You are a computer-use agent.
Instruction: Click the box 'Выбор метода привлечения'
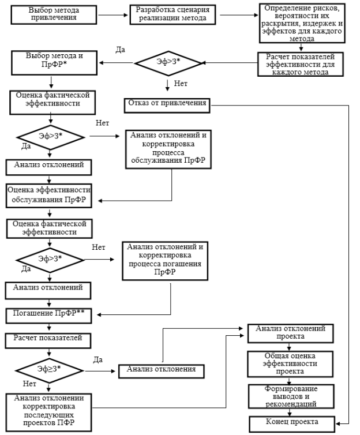[x=54, y=14]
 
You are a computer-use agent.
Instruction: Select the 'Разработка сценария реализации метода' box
[x=172, y=14]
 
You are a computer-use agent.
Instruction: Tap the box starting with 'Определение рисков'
[x=302, y=23]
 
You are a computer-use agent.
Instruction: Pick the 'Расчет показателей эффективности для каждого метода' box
[x=301, y=65]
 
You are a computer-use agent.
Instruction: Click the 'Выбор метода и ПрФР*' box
[x=54, y=63]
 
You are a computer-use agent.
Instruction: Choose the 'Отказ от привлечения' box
[x=167, y=106]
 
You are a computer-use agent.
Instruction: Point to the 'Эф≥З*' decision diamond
[x=50, y=370]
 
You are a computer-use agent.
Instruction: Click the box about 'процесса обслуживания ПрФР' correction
[x=168, y=149]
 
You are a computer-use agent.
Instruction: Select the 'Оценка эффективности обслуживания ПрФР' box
[x=49, y=196]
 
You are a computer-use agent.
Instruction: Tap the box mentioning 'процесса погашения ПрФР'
[x=165, y=261]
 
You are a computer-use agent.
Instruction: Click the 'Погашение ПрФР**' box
[x=49, y=316]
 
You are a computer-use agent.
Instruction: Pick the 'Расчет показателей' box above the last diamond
[x=48, y=341]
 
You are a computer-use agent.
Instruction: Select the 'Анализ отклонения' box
[x=162, y=372]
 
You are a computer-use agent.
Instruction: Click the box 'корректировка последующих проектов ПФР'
[x=48, y=412]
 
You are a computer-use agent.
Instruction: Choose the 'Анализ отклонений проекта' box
[x=290, y=333]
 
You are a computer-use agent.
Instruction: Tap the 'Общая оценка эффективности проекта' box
[x=290, y=364]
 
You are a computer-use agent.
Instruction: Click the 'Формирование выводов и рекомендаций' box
[x=291, y=396]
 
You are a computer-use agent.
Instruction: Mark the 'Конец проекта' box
[x=292, y=424]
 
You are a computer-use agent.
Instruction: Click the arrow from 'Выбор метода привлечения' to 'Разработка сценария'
[x=113, y=15]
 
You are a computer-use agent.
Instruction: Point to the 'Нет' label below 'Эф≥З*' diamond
[x=29, y=384]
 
